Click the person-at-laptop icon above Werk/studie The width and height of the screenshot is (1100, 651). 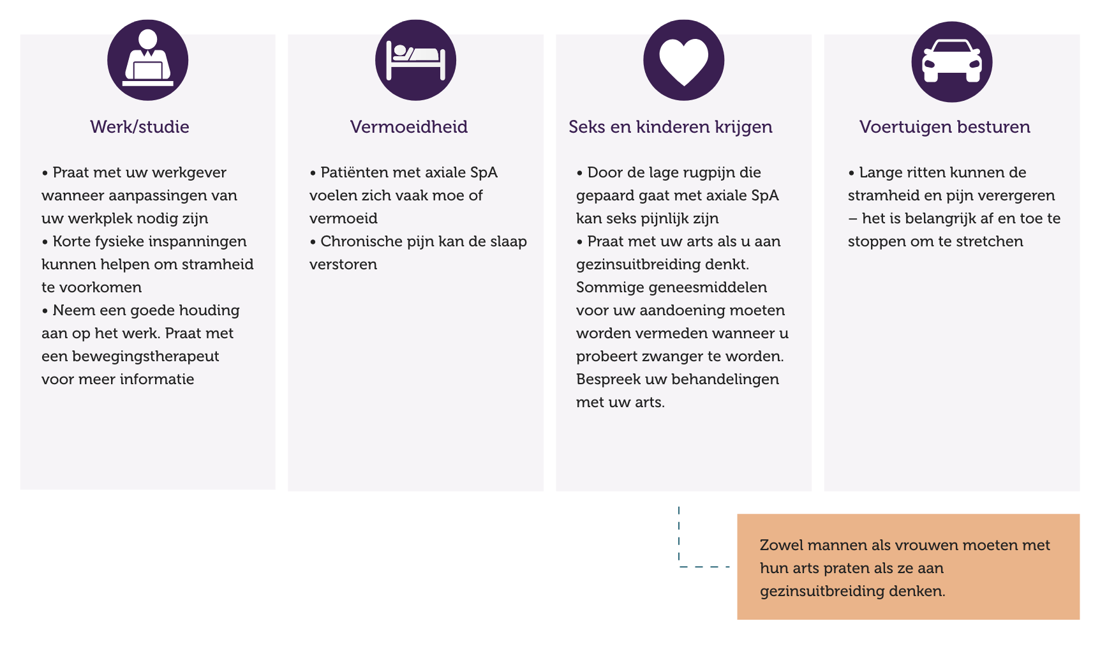[147, 60]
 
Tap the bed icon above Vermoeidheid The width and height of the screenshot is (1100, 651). [415, 60]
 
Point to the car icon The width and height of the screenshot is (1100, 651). [951, 62]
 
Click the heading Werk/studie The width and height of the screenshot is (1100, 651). [140, 127]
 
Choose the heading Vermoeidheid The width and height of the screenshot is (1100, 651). [409, 127]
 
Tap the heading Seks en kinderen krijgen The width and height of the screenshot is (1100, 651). [671, 127]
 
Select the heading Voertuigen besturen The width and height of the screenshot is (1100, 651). [944, 127]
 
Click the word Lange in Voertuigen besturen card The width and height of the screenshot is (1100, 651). [880, 173]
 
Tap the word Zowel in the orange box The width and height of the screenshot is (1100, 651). [780, 546]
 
